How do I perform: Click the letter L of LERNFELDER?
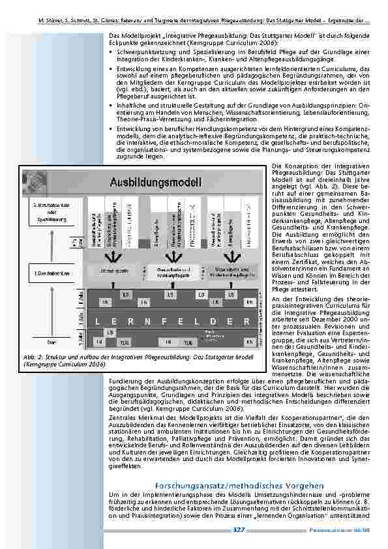point(97,321)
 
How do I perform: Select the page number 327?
point(239,530)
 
